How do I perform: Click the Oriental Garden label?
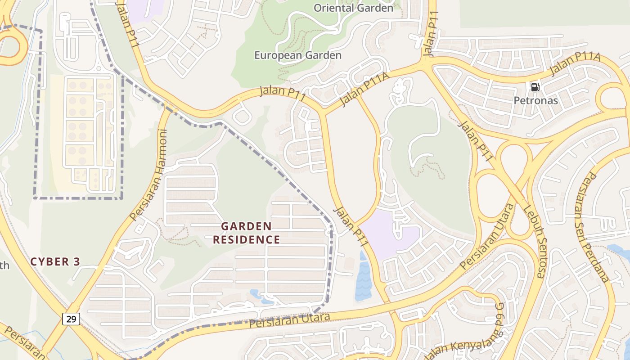tap(353, 8)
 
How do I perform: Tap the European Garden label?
tap(298, 55)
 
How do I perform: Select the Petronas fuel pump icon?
tap(535, 87)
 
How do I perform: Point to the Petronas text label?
tap(535, 100)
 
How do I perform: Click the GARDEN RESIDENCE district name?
tap(247, 233)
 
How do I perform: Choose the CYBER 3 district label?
tap(55, 261)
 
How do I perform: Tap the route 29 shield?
tap(71, 319)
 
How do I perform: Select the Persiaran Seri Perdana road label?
tap(594, 228)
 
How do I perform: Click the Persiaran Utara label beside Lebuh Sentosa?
tap(487, 237)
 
